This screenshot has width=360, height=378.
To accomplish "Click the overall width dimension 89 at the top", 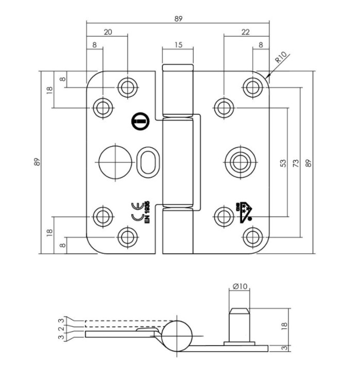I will tap(178, 19).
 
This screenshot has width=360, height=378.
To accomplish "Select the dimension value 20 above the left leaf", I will tap(108, 32).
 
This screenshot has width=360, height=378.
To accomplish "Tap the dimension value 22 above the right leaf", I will tap(246, 32).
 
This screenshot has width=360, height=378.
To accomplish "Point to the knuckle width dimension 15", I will tap(178, 45).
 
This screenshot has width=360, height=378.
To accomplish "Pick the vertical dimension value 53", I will tap(283, 163).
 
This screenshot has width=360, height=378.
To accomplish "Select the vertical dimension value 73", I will tap(296, 163).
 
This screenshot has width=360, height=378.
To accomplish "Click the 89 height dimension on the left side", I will tap(37, 163).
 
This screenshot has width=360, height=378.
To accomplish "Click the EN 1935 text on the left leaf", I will tap(147, 212).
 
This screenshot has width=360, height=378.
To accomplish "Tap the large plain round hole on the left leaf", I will tap(113, 162).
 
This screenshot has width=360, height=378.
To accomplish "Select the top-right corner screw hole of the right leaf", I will tap(252, 87).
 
